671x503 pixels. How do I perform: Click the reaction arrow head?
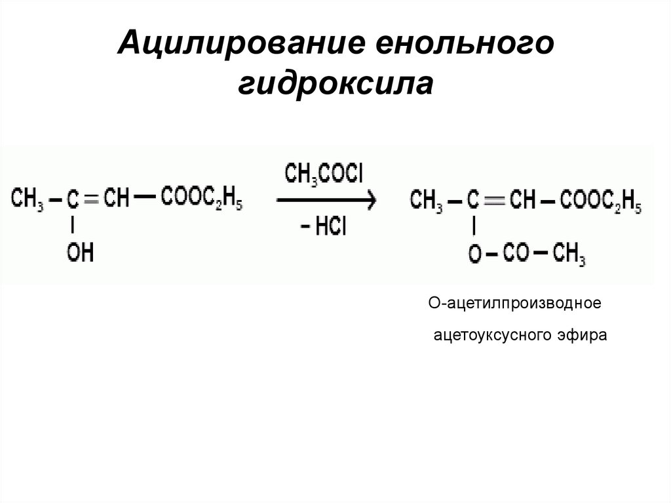[371, 201]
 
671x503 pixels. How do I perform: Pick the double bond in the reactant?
[92, 199]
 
